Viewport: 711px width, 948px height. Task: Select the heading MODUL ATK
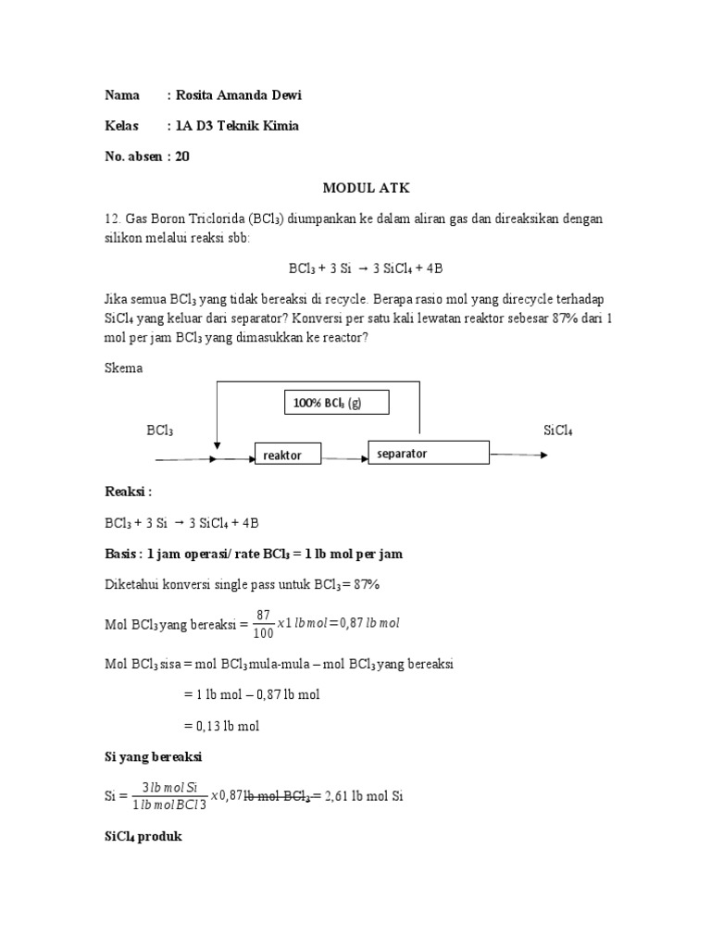coord(366,188)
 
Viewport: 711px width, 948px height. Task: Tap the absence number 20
coord(182,156)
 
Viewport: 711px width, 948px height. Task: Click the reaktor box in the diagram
coord(290,455)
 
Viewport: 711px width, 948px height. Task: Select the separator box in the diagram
coord(428,453)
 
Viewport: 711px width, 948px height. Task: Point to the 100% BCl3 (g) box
coord(336,403)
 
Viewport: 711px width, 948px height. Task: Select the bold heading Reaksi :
coord(128,491)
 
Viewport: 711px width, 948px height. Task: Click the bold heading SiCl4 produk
coord(143,837)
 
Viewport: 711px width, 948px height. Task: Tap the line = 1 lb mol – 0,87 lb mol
coord(250,694)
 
